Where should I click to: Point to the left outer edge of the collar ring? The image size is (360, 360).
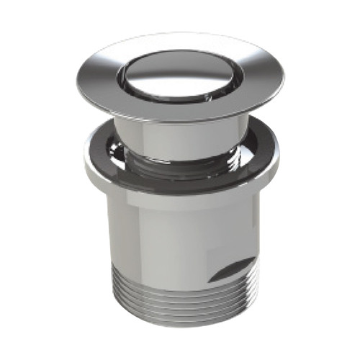84,163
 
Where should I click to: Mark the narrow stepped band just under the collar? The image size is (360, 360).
180,204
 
